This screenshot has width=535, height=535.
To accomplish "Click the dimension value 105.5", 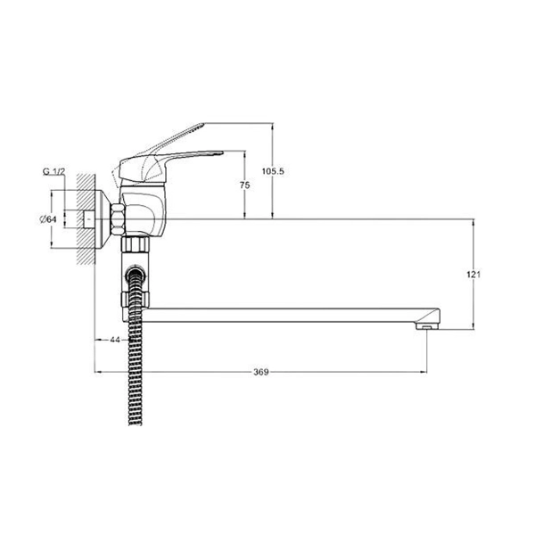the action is pos(273,171).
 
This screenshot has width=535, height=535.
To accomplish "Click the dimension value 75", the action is pos(244,185).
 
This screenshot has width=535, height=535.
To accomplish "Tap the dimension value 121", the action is pos(473,275).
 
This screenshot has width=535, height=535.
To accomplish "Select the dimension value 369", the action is pos(261,372).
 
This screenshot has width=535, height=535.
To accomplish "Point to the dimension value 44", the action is pos(115,340).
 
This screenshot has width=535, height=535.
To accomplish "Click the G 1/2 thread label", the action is pos(53,171).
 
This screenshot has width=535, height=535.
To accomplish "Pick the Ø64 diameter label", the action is pos(48,219).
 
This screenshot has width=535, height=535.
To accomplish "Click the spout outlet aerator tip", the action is pos(427,327).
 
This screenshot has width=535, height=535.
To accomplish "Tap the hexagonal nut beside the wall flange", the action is pos(118,219).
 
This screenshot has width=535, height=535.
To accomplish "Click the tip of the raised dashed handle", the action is pos(203,124).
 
